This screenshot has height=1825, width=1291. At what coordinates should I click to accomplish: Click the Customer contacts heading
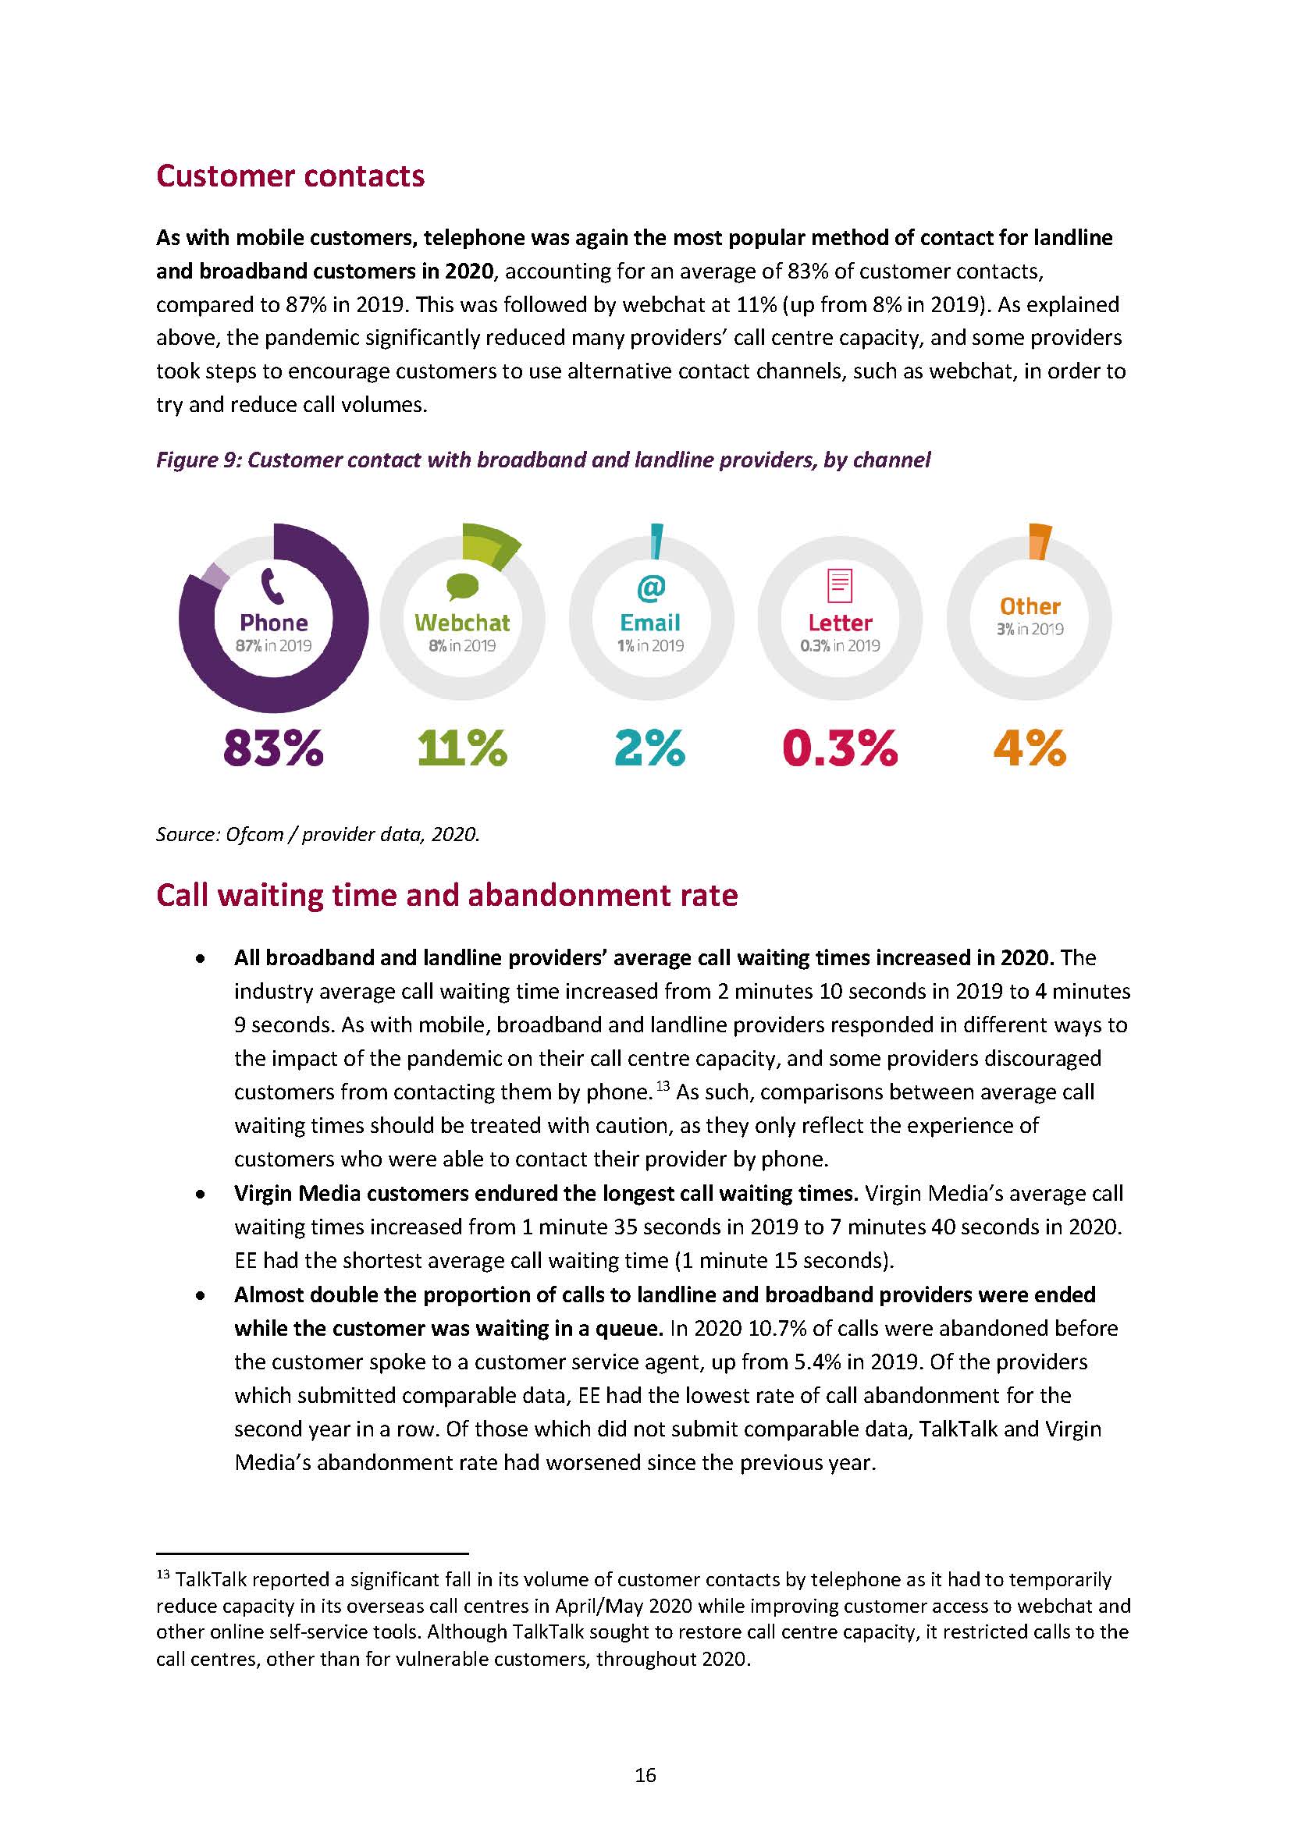click(x=290, y=176)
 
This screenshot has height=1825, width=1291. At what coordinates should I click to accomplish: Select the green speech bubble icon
click(x=463, y=587)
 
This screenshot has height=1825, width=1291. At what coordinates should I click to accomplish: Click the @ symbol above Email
click(x=650, y=588)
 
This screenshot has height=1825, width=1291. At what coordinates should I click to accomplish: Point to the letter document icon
click(x=840, y=586)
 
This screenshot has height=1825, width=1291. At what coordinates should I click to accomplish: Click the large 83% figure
click(x=273, y=747)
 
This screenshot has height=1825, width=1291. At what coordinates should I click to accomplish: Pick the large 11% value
click(x=462, y=747)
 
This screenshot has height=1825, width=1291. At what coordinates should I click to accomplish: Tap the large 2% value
click(x=649, y=747)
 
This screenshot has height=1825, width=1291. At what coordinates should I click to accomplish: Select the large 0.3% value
click(x=840, y=747)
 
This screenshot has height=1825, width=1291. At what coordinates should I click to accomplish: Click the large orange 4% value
click(x=1030, y=747)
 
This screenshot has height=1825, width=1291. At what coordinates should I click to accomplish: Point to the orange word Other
click(x=1030, y=606)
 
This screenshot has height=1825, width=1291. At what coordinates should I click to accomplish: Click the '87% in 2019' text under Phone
click(x=273, y=645)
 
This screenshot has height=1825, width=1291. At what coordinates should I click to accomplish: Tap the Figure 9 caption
click(x=543, y=460)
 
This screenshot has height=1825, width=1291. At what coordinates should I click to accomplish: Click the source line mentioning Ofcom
click(x=318, y=834)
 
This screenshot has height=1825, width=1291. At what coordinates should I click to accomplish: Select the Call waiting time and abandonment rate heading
click(x=446, y=895)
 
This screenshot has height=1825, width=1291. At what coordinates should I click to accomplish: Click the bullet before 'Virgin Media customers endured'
click(x=202, y=1194)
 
